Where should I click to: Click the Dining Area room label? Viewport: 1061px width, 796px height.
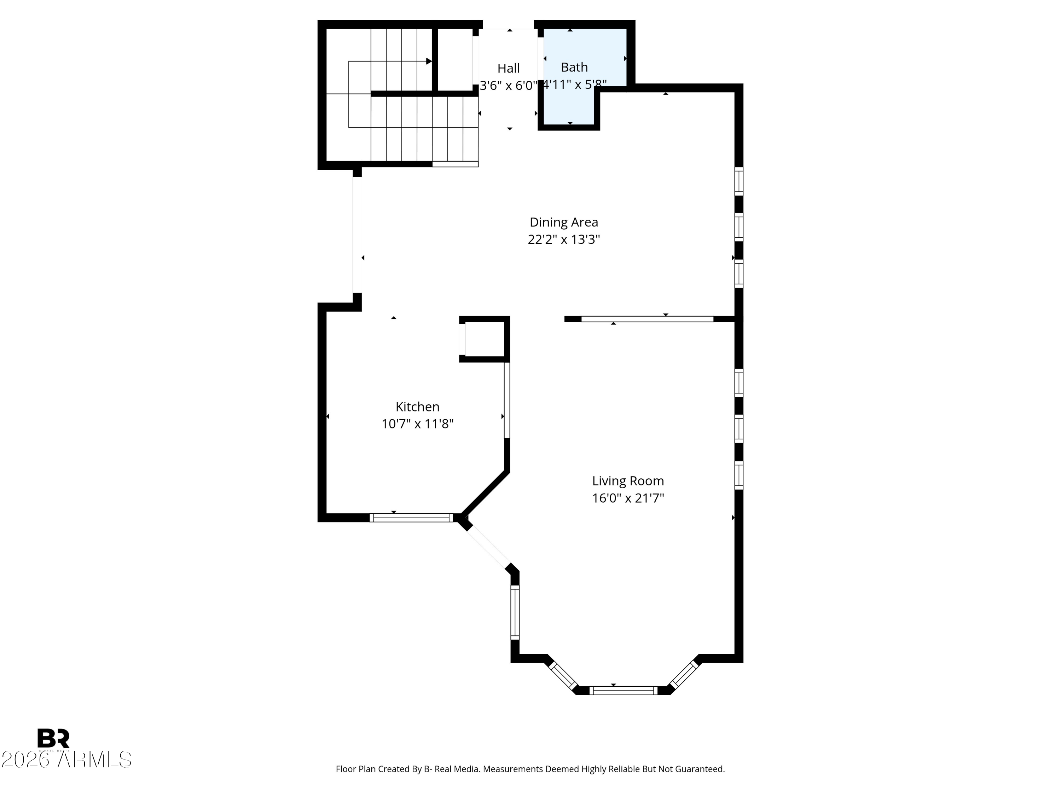click(564, 222)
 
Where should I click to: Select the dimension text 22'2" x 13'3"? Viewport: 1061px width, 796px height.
click(564, 240)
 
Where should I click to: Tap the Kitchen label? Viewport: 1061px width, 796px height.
click(417, 407)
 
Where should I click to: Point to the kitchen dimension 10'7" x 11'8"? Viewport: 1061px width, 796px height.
click(417, 424)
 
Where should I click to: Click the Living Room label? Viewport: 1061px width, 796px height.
click(628, 481)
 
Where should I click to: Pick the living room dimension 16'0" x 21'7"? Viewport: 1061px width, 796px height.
click(628, 498)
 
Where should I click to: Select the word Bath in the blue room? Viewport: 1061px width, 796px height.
click(574, 67)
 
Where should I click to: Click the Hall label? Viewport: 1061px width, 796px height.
click(509, 68)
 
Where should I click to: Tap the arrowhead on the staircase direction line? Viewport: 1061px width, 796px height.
click(429, 62)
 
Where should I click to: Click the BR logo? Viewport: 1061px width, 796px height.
click(53, 738)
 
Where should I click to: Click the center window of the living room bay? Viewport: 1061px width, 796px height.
click(623, 691)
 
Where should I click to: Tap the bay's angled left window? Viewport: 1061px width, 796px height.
click(563, 675)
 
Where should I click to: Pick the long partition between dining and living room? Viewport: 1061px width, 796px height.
click(647, 319)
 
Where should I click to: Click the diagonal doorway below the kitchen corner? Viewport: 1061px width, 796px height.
click(489, 547)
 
